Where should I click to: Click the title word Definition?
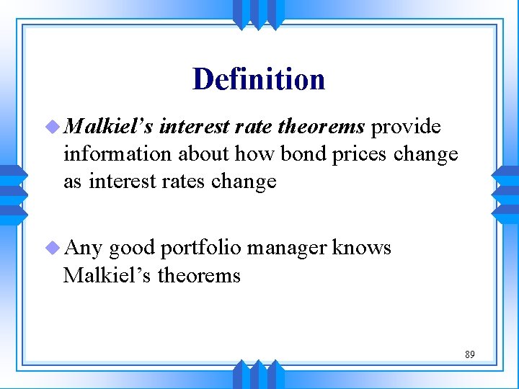(259, 79)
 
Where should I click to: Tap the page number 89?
(469, 354)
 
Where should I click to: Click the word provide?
(406, 128)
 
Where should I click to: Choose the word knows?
(363, 249)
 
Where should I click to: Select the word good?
(133, 249)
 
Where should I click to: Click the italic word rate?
(253, 128)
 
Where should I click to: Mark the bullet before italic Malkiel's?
(51, 128)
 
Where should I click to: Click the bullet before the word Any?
(51, 249)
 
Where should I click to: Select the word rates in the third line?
(183, 181)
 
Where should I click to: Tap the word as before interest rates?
(72, 181)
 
